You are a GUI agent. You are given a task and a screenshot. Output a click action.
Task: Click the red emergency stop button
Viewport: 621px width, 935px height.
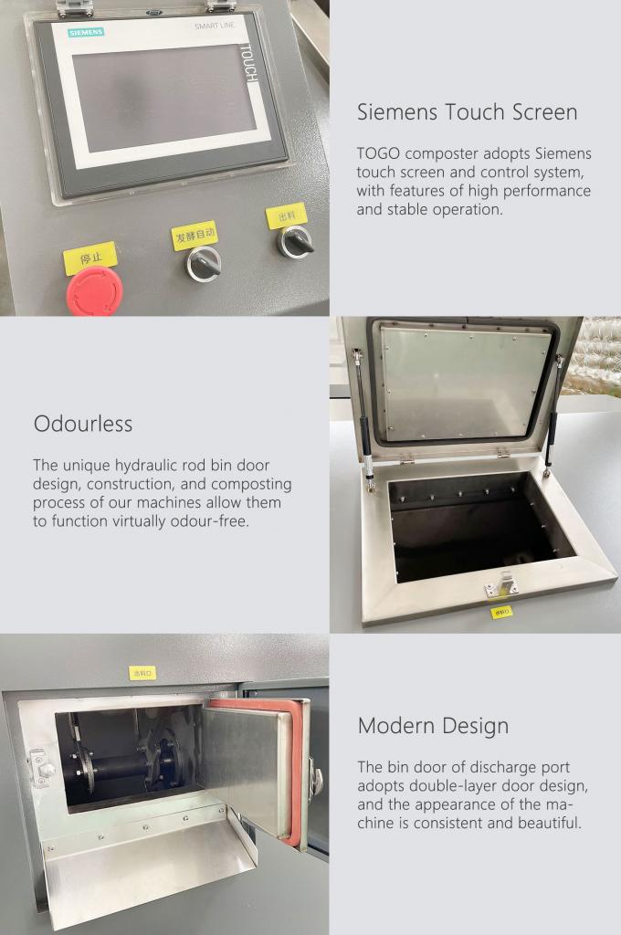click(x=94, y=291)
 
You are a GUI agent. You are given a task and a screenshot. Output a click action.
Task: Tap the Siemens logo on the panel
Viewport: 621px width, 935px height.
click(x=86, y=32)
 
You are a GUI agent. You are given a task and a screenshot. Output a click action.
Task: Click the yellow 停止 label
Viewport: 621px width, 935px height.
click(x=90, y=258)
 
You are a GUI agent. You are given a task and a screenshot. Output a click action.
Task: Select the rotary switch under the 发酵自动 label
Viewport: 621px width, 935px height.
click(x=204, y=264)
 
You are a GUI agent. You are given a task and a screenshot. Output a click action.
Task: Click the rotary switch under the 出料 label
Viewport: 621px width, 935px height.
click(x=295, y=242)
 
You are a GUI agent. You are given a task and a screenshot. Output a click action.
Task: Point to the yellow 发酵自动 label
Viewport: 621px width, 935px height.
click(x=195, y=236)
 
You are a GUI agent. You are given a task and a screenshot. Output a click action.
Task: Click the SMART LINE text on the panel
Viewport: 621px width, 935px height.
click(x=215, y=26)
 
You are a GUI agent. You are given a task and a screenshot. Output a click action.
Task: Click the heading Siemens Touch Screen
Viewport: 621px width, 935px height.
click(x=467, y=112)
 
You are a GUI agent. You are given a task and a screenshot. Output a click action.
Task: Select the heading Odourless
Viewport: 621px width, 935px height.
click(x=83, y=424)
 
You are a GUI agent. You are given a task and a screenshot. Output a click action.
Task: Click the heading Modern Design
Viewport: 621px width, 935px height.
click(x=433, y=726)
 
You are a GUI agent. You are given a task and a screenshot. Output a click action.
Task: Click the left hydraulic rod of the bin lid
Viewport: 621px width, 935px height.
click(x=363, y=419)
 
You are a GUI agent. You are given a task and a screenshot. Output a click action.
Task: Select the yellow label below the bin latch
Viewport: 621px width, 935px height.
click(x=501, y=612)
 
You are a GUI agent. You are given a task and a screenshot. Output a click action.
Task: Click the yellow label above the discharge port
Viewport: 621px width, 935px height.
click(x=142, y=673)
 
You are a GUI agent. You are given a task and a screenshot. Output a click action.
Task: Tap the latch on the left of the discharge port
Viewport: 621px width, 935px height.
click(x=39, y=768)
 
